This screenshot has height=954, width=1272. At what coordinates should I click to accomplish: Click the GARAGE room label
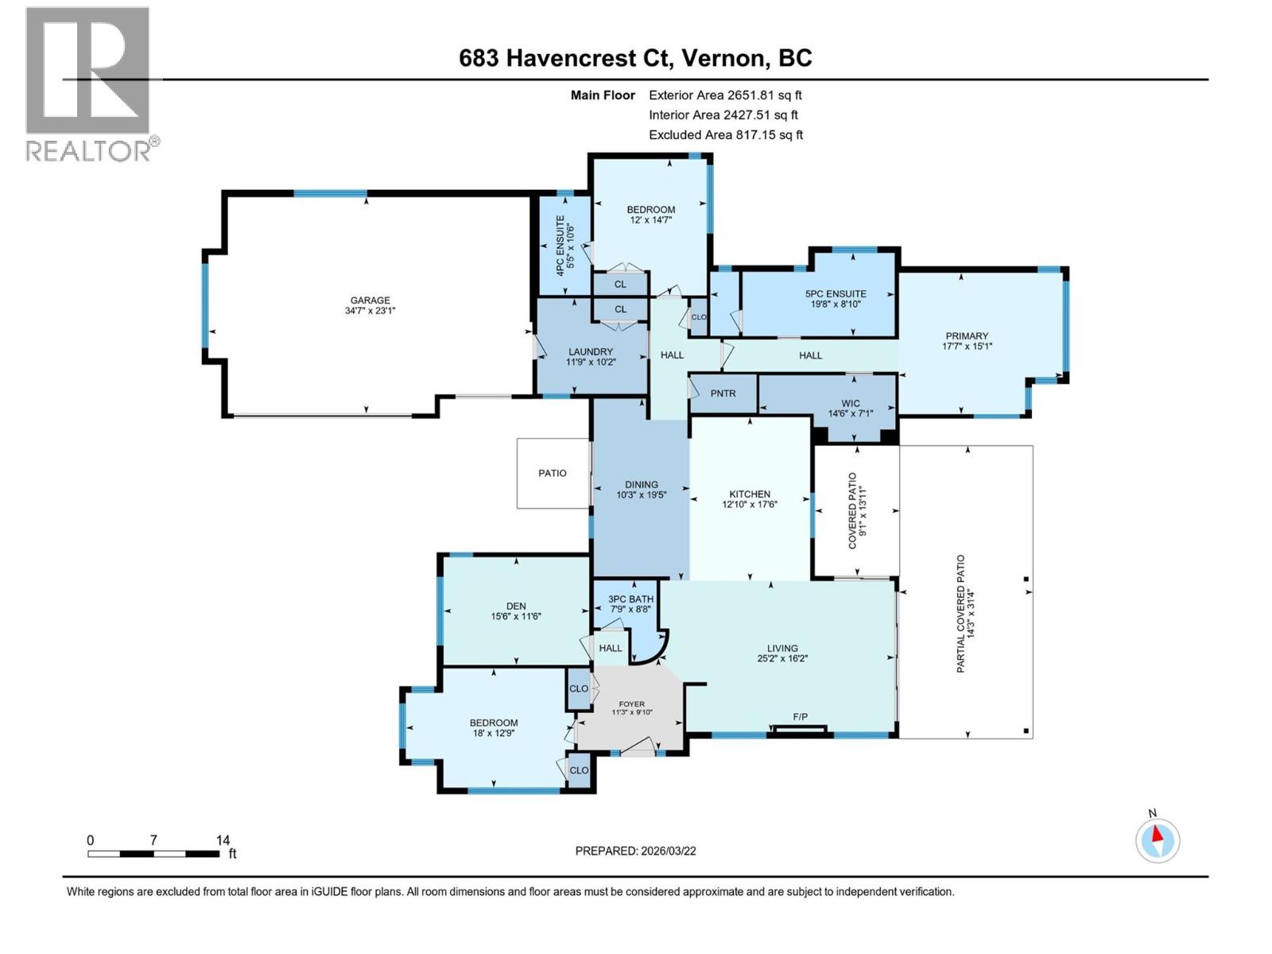(370, 301)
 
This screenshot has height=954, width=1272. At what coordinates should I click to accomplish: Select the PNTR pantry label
(723, 394)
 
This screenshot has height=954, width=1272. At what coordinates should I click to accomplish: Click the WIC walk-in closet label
(850, 403)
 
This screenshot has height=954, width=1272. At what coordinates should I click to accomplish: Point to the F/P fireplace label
(800, 717)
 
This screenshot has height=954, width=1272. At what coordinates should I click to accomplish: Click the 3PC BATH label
(630, 599)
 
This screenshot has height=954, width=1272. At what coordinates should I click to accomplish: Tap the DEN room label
(515, 606)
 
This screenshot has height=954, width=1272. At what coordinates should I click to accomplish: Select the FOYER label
(632, 704)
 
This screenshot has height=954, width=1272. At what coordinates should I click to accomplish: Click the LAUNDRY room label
(591, 351)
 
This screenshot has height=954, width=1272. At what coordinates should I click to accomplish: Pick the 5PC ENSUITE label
(835, 293)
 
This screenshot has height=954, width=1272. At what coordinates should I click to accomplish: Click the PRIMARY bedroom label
(967, 335)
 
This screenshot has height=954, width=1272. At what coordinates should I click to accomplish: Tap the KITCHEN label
(750, 494)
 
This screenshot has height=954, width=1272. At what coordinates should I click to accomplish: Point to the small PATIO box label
(552, 473)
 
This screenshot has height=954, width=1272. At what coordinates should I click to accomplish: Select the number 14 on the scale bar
(223, 840)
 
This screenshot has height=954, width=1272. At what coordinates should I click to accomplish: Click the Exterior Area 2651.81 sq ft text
(725, 95)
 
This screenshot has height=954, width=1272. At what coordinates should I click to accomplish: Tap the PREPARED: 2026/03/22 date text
(635, 851)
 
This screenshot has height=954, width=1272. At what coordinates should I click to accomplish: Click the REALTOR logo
(88, 83)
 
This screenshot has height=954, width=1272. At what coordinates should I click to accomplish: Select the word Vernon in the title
(723, 58)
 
